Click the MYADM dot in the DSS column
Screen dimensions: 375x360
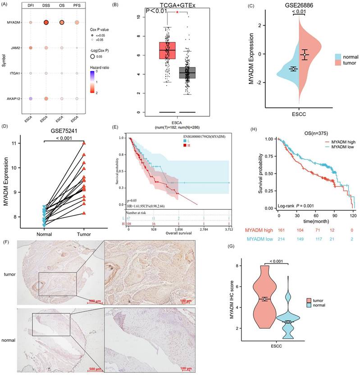(46, 22)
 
